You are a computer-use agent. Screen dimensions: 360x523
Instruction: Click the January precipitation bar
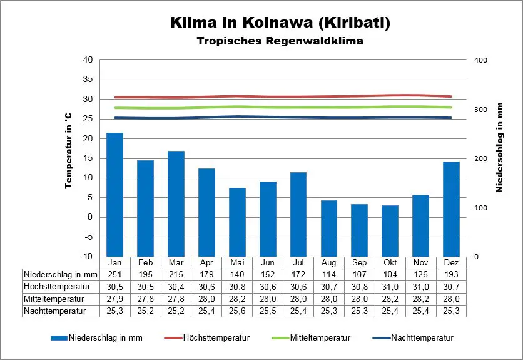click(x=114, y=194)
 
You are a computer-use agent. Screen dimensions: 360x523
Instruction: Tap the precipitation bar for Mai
click(x=237, y=222)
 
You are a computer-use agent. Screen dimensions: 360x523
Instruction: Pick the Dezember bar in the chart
click(x=451, y=208)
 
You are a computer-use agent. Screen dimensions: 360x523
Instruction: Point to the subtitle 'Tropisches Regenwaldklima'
click(x=280, y=41)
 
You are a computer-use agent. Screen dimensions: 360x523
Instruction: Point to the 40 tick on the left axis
click(x=88, y=60)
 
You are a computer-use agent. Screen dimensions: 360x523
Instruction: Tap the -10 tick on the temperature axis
click(x=86, y=257)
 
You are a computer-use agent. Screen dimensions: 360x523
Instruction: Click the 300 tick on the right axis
click(x=480, y=110)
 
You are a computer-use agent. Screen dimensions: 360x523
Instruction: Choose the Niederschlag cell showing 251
click(x=114, y=274)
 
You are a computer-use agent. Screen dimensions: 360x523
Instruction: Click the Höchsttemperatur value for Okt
click(x=390, y=286)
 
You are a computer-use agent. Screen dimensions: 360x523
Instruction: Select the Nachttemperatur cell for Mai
click(x=237, y=311)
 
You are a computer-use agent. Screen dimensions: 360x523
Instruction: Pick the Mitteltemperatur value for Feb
click(x=145, y=299)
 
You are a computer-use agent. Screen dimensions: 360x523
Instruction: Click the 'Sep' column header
click(x=359, y=262)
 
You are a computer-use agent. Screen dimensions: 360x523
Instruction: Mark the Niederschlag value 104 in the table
click(x=390, y=274)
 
